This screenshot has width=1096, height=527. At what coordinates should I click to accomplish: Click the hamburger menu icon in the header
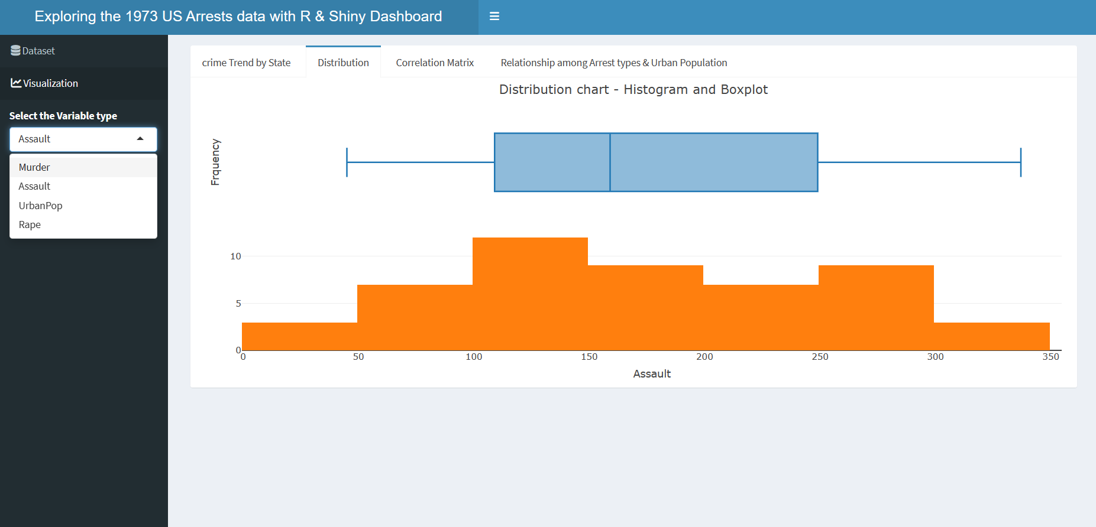pyautogui.click(x=494, y=17)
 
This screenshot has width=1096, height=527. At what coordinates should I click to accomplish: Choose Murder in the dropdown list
pyautogui.click(x=34, y=167)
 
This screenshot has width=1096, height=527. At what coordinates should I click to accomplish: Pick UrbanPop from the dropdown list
pyautogui.click(x=40, y=206)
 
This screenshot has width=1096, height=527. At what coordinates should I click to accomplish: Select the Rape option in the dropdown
pyautogui.click(x=30, y=225)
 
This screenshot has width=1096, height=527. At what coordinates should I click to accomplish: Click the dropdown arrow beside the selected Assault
pyautogui.click(x=140, y=139)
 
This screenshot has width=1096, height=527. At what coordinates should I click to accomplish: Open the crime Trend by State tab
pyautogui.click(x=246, y=63)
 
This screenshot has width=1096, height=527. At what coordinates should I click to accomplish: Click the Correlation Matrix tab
pyautogui.click(x=435, y=63)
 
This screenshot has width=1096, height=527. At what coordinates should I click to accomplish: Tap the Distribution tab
pyautogui.click(x=343, y=63)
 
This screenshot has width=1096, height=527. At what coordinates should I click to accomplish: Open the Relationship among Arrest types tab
pyautogui.click(x=613, y=63)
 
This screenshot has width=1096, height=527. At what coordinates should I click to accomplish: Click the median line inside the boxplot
pyautogui.click(x=610, y=162)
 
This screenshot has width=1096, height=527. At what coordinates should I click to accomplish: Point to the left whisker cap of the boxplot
pyautogui.click(x=347, y=162)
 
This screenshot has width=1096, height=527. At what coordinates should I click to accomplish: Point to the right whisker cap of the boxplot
pyautogui.click(x=1020, y=162)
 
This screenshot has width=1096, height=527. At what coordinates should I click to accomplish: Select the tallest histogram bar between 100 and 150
pyautogui.click(x=530, y=294)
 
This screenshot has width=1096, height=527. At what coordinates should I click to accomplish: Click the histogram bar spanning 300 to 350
pyautogui.click(x=991, y=336)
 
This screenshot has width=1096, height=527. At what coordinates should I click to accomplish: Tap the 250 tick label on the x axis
pyautogui.click(x=820, y=357)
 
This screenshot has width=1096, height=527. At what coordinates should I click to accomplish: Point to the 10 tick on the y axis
pyautogui.click(x=235, y=256)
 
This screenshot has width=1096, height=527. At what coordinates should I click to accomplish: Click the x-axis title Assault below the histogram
pyautogui.click(x=652, y=374)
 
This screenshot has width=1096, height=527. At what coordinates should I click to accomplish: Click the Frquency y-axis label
pyautogui.click(x=215, y=162)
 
